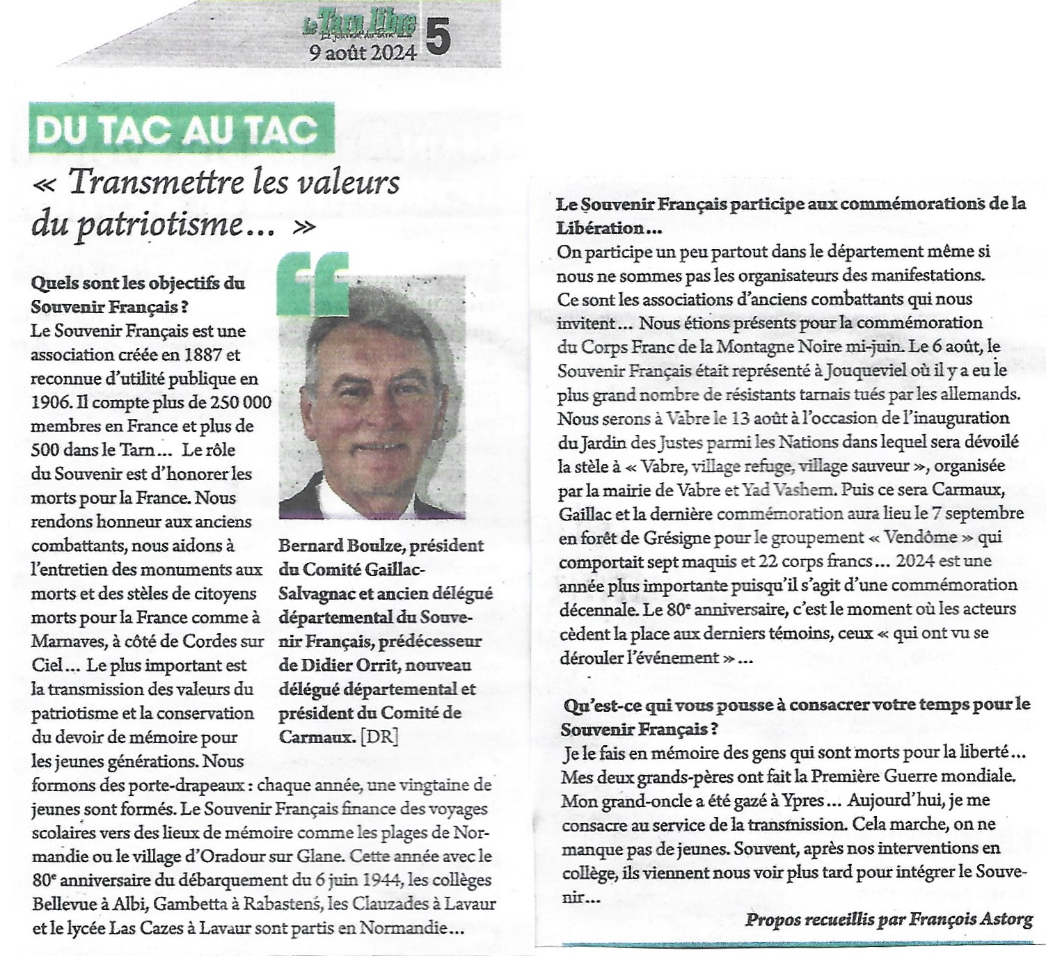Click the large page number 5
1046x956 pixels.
[x=437, y=35]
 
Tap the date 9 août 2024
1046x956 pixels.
[x=363, y=53]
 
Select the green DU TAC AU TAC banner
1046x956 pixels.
[x=182, y=129]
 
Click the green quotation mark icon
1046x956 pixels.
[x=313, y=282]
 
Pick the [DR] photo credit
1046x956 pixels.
[x=379, y=737]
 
